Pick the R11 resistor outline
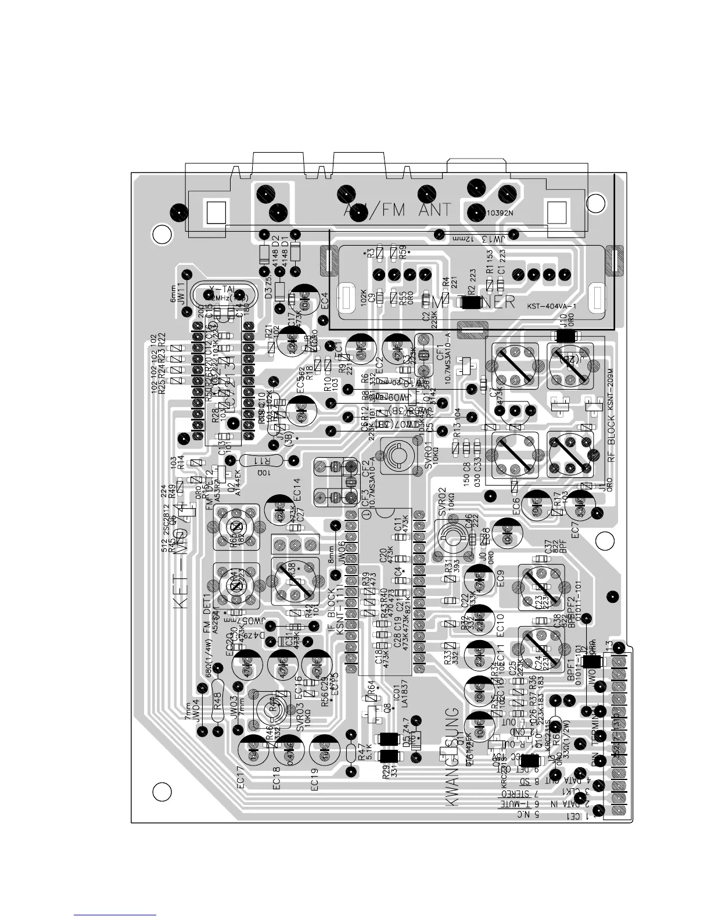pos(263,461)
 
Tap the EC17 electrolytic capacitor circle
pos(254,753)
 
